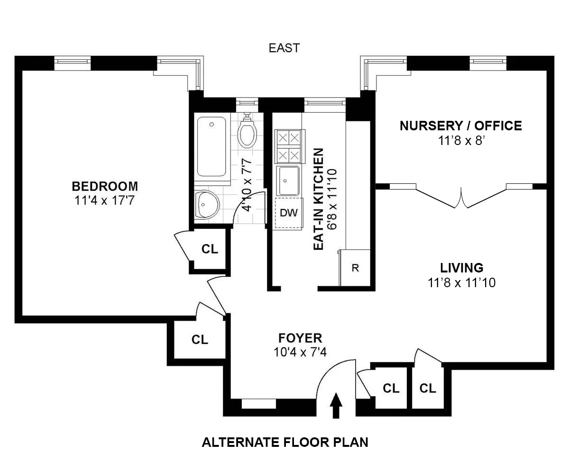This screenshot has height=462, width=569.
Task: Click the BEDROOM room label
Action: click(105, 186)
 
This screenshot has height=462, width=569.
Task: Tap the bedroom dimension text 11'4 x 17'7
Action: click(105, 200)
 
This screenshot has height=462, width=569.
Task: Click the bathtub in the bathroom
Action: click(211, 147)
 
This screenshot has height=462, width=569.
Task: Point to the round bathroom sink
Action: click(206, 205)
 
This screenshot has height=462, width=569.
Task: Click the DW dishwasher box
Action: click(289, 213)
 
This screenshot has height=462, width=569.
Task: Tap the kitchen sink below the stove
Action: click(288, 180)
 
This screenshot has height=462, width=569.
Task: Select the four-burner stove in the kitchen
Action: click(289, 146)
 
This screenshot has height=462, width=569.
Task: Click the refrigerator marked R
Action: click(355, 268)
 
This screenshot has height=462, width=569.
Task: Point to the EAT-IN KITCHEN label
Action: click(319, 199)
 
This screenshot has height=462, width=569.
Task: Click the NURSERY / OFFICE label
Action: click(460, 126)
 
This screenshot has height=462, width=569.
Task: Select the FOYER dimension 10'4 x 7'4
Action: click(300, 353)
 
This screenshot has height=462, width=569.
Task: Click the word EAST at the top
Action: click(284, 48)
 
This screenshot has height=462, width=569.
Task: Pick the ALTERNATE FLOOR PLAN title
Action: click(285, 443)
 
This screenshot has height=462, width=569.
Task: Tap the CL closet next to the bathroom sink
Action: click(210, 249)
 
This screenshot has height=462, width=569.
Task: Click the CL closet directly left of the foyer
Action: click(200, 339)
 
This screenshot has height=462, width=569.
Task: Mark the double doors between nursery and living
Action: click(461, 197)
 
